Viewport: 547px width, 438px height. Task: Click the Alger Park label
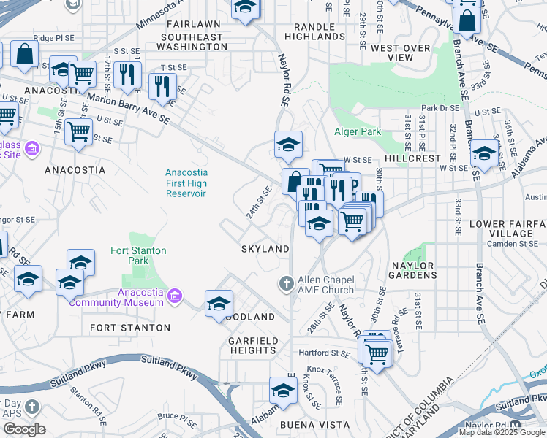tap(358, 132)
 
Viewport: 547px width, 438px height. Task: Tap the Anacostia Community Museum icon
tap(175, 296)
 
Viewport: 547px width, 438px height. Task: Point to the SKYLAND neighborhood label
tap(265, 249)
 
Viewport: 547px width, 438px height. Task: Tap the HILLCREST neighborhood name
tap(413, 158)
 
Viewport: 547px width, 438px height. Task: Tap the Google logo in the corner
tap(23, 429)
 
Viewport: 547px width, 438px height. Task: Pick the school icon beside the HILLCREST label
tap(483, 153)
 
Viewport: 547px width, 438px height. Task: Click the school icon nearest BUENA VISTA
tap(283, 391)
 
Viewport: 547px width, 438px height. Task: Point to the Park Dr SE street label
tap(440, 107)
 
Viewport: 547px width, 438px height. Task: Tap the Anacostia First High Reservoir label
tap(186, 182)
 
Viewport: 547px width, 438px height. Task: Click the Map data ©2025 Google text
tap(502, 432)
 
